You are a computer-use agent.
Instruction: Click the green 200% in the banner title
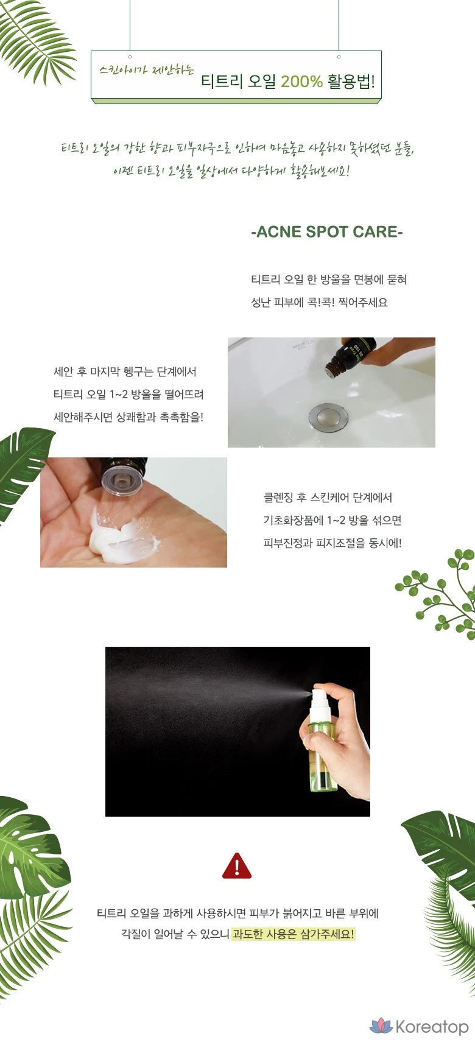(x=301, y=82)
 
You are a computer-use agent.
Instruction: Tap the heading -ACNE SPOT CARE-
(x=326, y=231)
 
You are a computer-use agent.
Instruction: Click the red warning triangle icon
(x=237, y=866)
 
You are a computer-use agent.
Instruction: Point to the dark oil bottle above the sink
(x=351, y=356)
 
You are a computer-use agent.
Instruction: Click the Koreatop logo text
(x=432, y=1026)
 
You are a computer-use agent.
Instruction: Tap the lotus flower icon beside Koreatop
(x=381, y=1026)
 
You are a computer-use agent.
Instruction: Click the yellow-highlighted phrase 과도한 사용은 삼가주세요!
(x=294, y=934)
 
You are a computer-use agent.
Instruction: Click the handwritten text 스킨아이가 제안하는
(x=147, y=70)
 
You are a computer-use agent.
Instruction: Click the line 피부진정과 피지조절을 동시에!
(x=332, y=543)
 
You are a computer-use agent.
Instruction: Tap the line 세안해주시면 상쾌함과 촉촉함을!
(x=128, y=417)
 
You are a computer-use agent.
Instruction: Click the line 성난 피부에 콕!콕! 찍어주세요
(x=319, y=302)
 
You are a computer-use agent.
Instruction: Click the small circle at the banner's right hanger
(x=339, y=57)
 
